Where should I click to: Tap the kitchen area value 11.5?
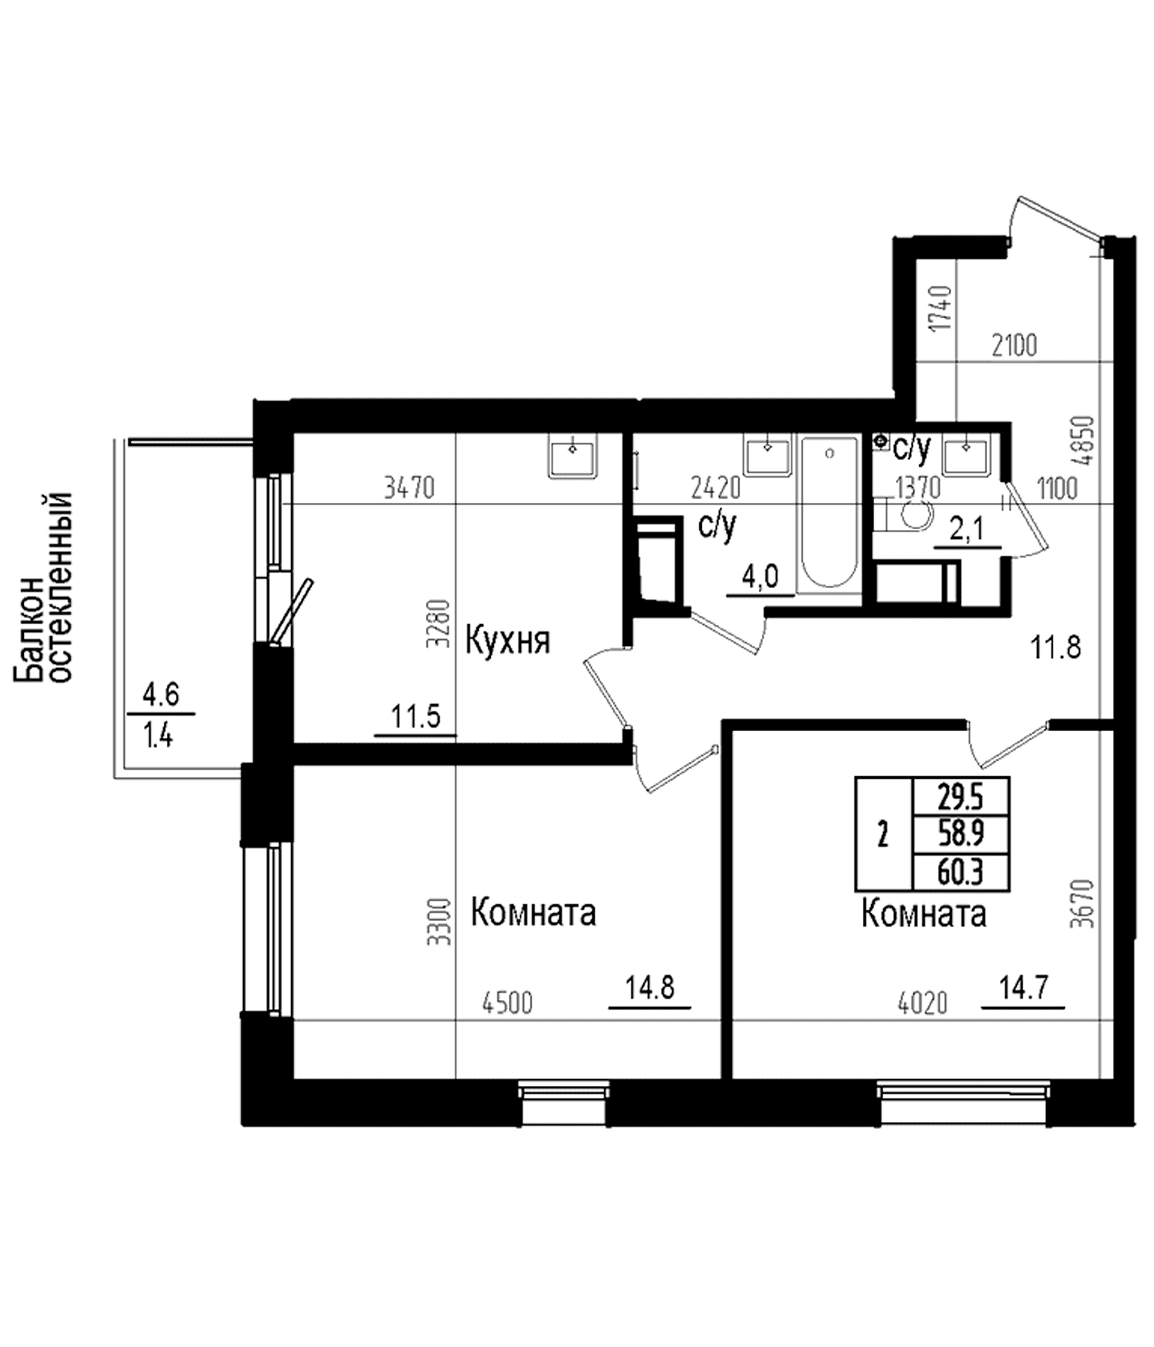click(416, 718)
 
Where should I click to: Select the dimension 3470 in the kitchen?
click(409, 487)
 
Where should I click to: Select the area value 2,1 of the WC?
click(967, 530)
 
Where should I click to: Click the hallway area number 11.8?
click(1056, 648)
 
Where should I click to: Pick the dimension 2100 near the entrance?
click(1014, 346)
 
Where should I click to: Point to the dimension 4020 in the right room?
click(922, 1004)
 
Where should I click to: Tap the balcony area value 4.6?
click(160, 695)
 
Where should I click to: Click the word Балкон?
click(30, 630)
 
